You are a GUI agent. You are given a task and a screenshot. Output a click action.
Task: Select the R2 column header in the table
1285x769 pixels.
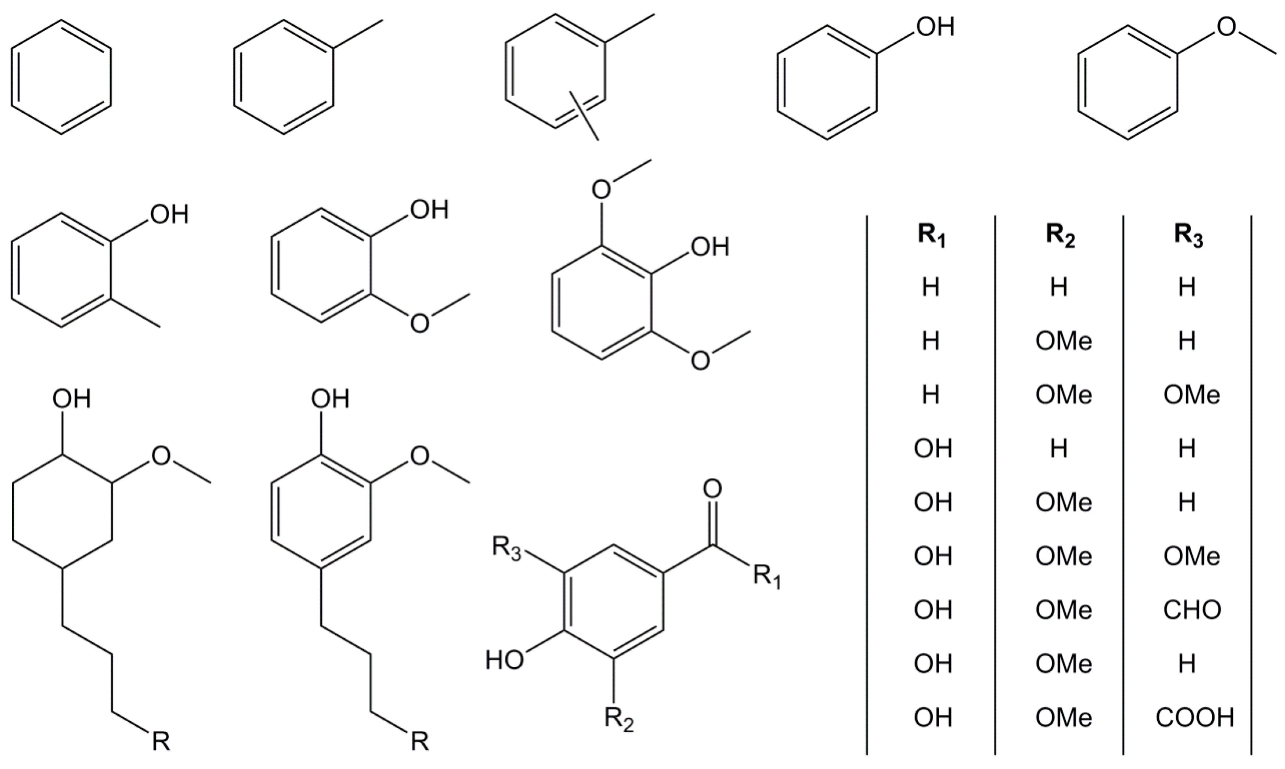pos(1060,237)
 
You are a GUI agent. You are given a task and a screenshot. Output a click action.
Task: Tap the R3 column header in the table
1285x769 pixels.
pos(1188,237)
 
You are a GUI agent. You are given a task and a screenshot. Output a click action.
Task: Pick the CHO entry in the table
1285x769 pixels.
pos(1192,610)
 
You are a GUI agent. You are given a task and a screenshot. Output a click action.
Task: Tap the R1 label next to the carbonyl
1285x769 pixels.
pos(766,577)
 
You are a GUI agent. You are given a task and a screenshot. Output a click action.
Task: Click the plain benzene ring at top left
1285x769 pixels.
pos(61,77)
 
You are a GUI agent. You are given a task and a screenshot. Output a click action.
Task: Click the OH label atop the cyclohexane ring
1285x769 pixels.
pos(72,399)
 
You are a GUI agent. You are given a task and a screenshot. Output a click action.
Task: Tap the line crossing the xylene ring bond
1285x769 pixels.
pos(584,115)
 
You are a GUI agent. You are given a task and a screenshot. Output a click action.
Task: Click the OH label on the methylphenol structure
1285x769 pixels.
pos(170,214)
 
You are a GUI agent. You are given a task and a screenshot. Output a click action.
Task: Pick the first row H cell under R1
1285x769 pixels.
pos(931,287)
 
